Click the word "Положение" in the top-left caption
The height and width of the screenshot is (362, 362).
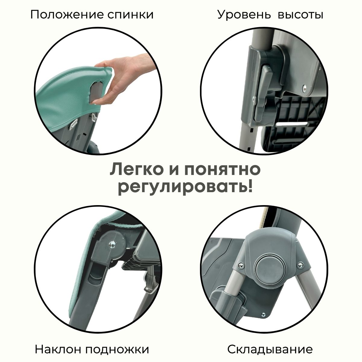68,15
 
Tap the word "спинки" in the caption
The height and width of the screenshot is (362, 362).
131,15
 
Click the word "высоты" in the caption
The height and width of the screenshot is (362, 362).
300,15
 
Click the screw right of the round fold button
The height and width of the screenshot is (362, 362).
300,265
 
